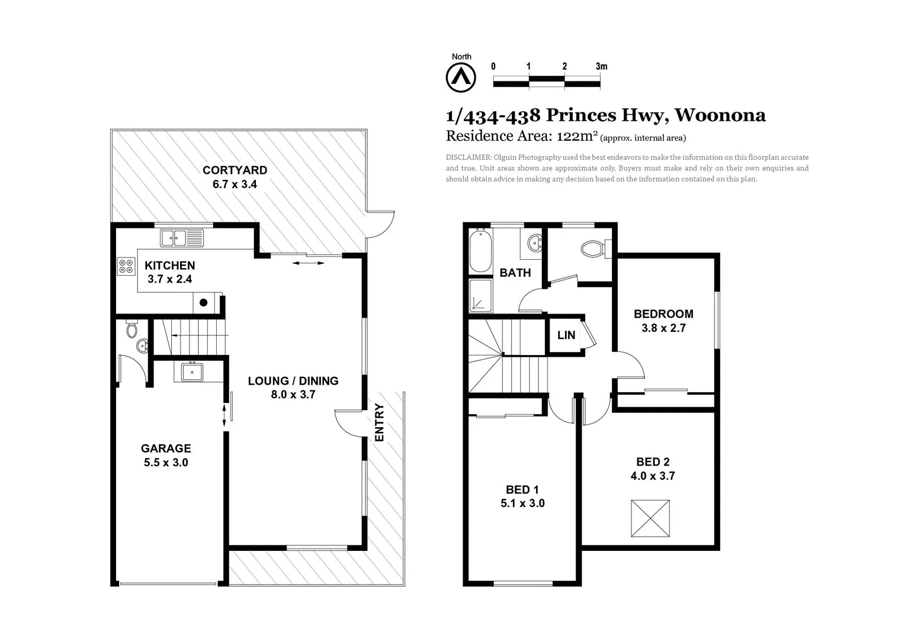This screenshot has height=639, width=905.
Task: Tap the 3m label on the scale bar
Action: (601, 66)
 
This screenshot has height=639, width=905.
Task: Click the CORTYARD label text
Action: (235, 170)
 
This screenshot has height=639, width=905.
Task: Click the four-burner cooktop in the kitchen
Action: (126, 266)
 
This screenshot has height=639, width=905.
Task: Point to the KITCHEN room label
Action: (169, 266)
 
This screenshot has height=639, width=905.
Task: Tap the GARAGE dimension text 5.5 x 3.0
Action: (166, 463)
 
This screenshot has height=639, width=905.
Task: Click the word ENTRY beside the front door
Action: (380, 422)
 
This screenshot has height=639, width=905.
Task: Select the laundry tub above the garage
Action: (192, 372)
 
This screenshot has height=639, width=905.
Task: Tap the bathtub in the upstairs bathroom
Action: (480, 251)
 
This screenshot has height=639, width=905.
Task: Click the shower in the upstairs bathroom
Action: (480, 295)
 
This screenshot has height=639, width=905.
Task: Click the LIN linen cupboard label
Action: (566, 335)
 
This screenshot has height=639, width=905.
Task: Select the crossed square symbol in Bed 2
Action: (650, 518)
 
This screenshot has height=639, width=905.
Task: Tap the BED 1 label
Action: (522, 489)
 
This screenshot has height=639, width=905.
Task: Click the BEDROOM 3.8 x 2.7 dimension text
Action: (663, 328)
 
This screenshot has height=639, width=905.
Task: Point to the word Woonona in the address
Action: (720, 115)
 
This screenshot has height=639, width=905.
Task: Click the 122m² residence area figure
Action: (576, 136)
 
